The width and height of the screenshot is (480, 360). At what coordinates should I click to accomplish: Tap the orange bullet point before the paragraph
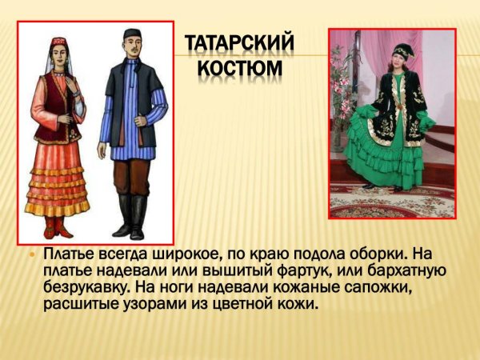tap(32, 255)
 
